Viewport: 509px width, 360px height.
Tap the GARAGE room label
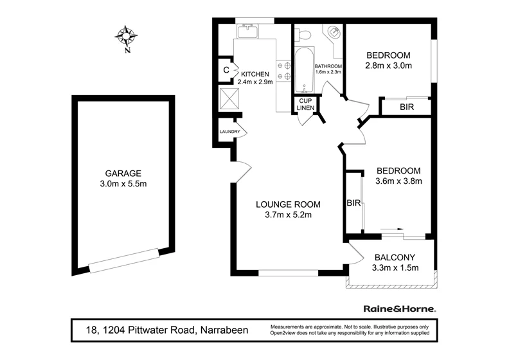(x=123, y=173)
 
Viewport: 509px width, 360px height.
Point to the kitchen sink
(x=247, y=32)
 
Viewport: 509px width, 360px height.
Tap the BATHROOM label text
(x=328, y=67)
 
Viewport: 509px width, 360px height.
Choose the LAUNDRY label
(x=229, y=132)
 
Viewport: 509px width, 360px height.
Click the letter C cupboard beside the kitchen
(x=226, y=70)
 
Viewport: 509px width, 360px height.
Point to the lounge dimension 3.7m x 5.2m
(x=288, y=215)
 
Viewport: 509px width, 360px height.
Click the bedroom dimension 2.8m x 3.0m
(x=388, y=66)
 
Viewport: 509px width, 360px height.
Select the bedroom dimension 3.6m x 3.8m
(x=398, y=181)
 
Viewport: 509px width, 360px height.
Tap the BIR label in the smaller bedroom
(x=406, y=107)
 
